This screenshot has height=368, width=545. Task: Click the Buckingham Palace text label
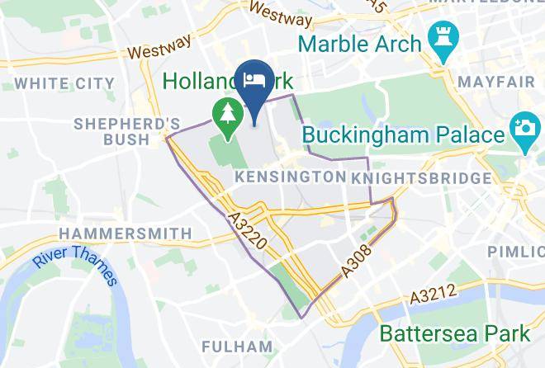[403, 134]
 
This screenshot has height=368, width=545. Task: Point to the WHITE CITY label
[64, 83]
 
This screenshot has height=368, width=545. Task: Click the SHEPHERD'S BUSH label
[126, 131]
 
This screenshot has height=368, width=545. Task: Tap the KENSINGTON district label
[290, 177]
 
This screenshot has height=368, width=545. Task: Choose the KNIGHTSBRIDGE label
[420, 178]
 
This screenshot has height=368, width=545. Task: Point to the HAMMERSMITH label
[125, 234]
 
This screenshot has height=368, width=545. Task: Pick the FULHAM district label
[237, 346]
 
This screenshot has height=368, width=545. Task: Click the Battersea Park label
[455, 334]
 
